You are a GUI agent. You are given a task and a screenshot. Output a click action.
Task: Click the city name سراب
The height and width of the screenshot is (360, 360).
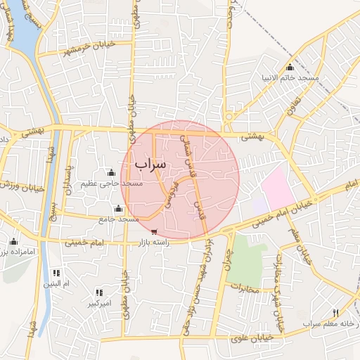point(150,163)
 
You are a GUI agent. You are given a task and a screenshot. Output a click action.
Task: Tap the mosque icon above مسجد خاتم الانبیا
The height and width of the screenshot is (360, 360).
point(290,67)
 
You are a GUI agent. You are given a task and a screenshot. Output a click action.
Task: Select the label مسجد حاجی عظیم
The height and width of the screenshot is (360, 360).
point(111,184)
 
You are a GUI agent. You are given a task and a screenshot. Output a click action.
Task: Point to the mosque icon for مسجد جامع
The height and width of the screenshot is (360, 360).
point(118,208)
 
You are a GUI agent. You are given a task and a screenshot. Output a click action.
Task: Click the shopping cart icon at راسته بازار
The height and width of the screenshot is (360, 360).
point(154,231)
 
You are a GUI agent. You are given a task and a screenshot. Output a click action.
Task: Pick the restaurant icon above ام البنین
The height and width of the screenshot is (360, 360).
point(56,273)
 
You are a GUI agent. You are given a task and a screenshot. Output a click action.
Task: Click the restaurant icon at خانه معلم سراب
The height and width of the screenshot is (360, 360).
point(335,314)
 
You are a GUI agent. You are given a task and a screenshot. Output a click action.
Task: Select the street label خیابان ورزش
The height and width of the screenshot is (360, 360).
point(19,185)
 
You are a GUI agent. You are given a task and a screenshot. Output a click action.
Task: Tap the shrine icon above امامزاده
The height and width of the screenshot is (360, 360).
point(13,242)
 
